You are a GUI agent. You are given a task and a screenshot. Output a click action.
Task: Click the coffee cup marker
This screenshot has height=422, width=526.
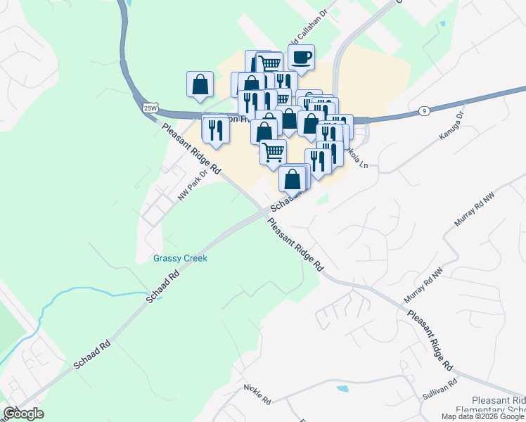[301, 58]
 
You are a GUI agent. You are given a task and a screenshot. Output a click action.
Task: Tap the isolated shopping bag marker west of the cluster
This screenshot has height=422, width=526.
[200, 84]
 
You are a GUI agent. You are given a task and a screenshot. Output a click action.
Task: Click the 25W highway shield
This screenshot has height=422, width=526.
[150, 108]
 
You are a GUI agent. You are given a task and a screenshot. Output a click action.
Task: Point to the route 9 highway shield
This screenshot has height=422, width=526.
[424, 110]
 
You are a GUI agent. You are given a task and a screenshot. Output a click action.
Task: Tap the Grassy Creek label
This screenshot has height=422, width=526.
[180, 258]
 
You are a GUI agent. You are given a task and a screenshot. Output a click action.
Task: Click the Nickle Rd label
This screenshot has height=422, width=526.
[257, 395]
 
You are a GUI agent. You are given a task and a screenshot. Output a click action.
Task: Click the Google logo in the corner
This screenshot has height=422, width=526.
[23, 414]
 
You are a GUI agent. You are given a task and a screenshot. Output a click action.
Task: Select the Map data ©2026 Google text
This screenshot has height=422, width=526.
[483, 416]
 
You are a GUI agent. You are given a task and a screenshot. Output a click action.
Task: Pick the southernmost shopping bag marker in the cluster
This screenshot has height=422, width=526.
[293, 179]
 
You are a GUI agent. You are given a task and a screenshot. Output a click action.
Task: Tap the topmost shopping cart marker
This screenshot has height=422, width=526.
[269, 63]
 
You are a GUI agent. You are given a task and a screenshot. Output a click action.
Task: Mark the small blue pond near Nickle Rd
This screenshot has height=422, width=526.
[342, 388]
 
